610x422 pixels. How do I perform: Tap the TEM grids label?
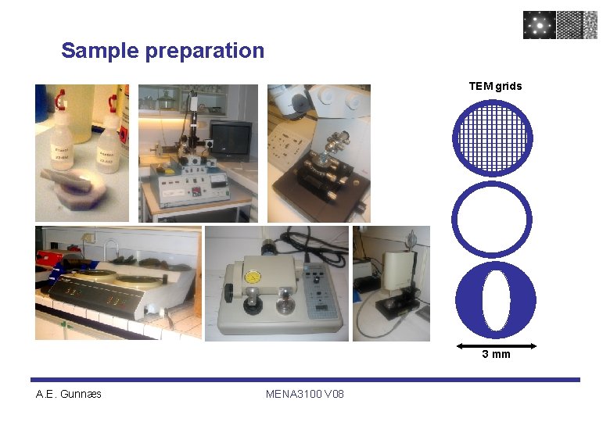click(495, 86)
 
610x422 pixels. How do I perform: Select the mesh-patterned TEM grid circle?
click(492, 138)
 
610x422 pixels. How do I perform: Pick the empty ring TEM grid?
click(492, 220)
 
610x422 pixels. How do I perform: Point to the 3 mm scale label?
click(496, 354)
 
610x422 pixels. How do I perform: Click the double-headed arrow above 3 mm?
click(496, 344)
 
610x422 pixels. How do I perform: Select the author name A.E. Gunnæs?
click(69, 394)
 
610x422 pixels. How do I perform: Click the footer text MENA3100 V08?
click(304, 394)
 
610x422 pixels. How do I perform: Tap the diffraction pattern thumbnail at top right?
click(539, 24)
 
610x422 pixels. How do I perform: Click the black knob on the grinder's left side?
click(228, 292)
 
